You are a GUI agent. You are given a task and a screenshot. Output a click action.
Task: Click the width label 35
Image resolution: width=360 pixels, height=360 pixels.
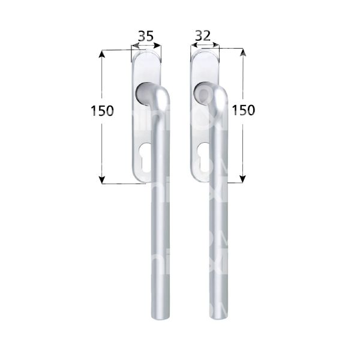[x=145, y=36]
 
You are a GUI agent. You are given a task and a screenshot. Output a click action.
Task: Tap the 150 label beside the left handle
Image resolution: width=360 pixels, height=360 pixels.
[x=103, y=111]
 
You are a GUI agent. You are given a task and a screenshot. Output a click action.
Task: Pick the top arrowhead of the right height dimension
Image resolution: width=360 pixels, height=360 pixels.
[x=243, y=53]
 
